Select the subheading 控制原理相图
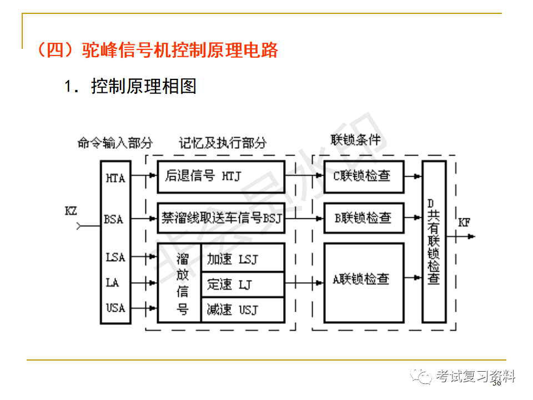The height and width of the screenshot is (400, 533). (143, 86)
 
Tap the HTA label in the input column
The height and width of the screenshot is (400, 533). (115, 178)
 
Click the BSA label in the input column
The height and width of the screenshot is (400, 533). (114, 219)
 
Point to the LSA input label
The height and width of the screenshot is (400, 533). (115, 258)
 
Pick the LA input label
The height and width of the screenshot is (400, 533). (113, 283)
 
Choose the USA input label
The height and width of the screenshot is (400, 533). (115, 307)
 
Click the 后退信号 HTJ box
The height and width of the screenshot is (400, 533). (220, 177)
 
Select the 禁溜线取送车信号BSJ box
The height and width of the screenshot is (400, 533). (220, 217)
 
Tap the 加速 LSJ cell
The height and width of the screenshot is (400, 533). (242, 259)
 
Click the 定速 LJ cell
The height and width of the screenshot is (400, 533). (242, 284)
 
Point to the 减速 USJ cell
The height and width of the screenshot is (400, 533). (242, 309)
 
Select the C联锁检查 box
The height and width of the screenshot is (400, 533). (364, 177)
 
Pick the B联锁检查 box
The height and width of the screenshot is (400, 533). (364, 217)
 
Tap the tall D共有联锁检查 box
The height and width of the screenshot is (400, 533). (434, 242)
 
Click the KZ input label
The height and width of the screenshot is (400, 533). (71, 211)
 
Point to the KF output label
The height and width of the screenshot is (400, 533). (464, 223)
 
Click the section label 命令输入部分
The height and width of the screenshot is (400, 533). (115, 143)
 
